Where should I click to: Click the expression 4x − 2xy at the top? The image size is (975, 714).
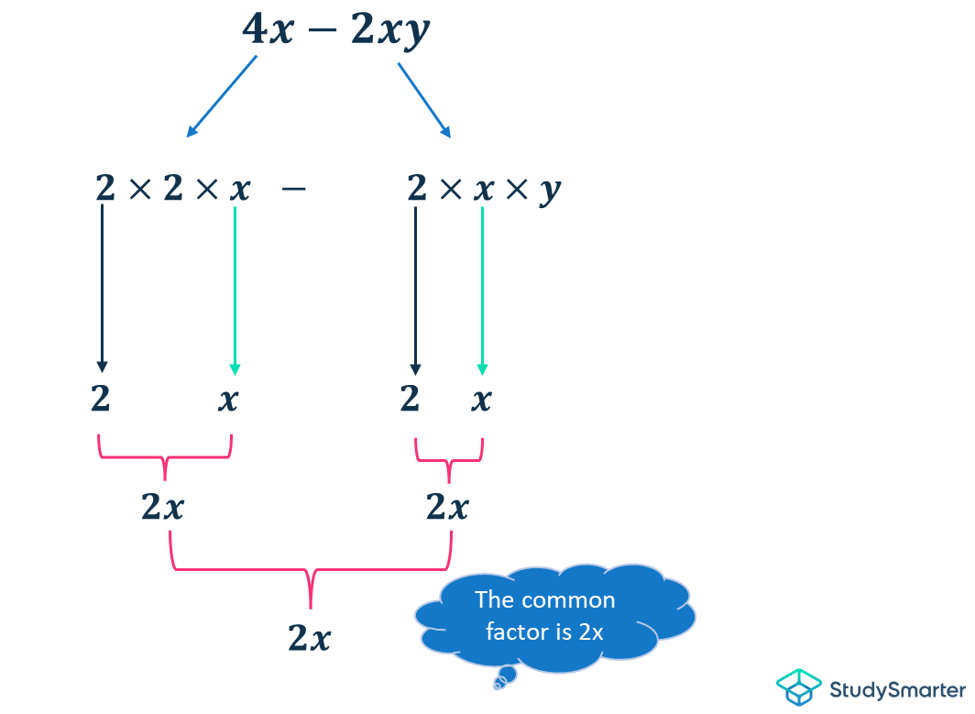click(x=335, y=31)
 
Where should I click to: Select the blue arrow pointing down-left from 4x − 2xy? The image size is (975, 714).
click(x=222, y=95)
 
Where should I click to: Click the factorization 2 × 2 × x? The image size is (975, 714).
click(x=172, y=190)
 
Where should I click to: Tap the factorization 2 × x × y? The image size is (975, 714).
click(x=483, y=190)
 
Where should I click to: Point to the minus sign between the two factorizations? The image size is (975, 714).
click(x=293, y=190)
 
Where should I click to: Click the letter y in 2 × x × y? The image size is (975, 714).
click(x=550, y=192)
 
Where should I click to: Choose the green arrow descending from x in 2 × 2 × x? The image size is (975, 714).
click(x=236, y=290)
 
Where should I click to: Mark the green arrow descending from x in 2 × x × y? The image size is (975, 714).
click(x=482, y=290)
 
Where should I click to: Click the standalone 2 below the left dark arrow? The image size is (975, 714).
click(x=101, y=400)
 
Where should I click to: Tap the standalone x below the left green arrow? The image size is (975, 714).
click(x=228, y=400)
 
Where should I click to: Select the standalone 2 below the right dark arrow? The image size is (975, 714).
click(x=410, y=400)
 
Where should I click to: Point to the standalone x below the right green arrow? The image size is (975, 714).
click(x=481, y=400)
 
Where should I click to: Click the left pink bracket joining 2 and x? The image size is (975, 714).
click(x=165, y=456)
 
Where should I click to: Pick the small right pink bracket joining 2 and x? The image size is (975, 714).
click(x=448, y=457)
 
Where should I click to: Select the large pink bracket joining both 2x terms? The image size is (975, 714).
click(x=311, y=572)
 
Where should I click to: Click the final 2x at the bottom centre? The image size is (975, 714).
click(x=310, y=637)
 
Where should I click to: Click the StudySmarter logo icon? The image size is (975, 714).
click(x=798, y=687)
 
